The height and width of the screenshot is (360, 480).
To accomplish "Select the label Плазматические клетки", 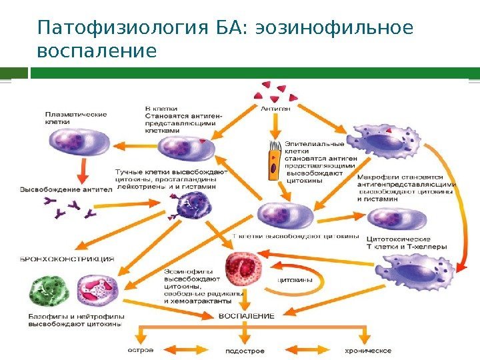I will [68, 118].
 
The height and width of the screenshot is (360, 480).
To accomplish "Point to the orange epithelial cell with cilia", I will [273, 163].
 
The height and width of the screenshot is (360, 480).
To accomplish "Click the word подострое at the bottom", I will [245, 350].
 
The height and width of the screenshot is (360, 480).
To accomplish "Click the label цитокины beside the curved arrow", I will [295, 281].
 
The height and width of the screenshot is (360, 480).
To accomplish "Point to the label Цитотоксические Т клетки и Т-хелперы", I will [407, 242].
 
